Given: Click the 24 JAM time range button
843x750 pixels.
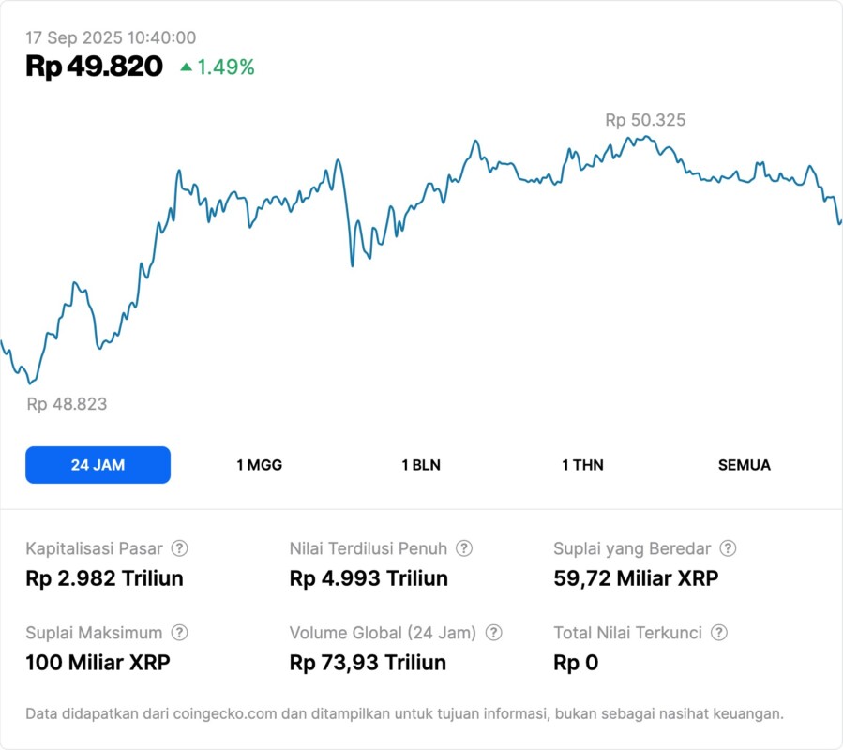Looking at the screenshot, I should pyautogui.click(x=98, y=465).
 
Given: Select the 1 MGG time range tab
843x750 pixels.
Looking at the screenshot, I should pyautogui.click(x=259, y=465).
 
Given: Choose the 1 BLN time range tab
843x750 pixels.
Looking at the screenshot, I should pyautogui.click(x=421, y=465).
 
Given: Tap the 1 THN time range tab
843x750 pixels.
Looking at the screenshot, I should pyautogui.click(x=582, y=465).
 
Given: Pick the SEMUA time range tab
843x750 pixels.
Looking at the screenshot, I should pyautogui.click(x=745, y=465).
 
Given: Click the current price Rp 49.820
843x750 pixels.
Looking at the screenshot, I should pyautogui.click(x=94, y=67).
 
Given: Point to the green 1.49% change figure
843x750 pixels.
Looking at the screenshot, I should pyautogui.click(x=225, y=67).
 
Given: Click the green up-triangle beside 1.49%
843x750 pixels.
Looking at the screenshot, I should pyautogui.click(x=186, y=67).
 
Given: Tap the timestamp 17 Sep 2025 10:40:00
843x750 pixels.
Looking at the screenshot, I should pyautogui.click(x=111, y=37).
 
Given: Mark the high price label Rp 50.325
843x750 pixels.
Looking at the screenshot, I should pyautogui.click(x=645, y=120).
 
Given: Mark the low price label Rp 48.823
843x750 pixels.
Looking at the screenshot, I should pyautogui.click(x=67, y=404).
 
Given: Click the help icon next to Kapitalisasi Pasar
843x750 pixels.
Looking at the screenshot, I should pyautogui.click(x=179, y=548).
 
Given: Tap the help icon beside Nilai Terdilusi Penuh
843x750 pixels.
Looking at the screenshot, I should pyautogui.click(x=464, y=548).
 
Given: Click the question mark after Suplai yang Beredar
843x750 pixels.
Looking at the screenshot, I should pyautogui.click(x=728, y=548).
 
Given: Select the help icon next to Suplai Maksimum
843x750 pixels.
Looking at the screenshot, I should pyautogui.click(x=179, y=633).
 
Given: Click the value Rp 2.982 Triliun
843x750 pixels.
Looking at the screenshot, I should pyautogui.click(x=104, y=578).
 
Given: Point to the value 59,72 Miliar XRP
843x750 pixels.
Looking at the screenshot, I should pyautogui.click(x=636, y=578).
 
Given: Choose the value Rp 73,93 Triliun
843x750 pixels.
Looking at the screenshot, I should pyautogui.click(x=368, y=663).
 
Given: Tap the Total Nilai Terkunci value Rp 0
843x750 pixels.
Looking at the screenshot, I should pyautogui.click(x=576, y=663).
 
